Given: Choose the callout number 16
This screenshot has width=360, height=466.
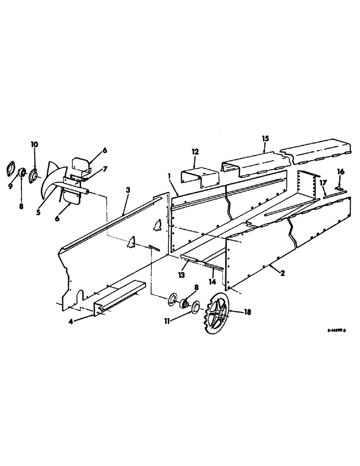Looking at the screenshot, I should point(340,172).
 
